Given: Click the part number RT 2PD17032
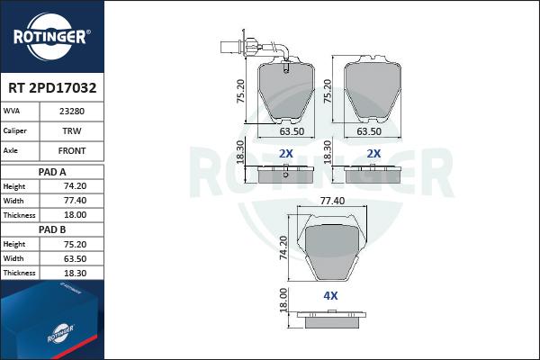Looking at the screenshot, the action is coord(52,88).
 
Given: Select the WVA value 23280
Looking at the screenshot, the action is coord(72,112).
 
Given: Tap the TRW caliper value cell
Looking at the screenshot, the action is coord(72,130).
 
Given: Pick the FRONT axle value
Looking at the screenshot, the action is coord(72,150).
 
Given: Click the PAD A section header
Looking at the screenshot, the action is coord(52,172).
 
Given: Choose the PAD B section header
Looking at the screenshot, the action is coord(52,229).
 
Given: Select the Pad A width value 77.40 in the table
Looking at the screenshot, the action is coord(75,201).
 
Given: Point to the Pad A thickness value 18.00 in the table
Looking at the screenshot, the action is coord(75,215).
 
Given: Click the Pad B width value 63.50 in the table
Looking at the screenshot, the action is coord(75,258).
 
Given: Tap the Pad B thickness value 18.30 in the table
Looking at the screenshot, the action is coord(75,274).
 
